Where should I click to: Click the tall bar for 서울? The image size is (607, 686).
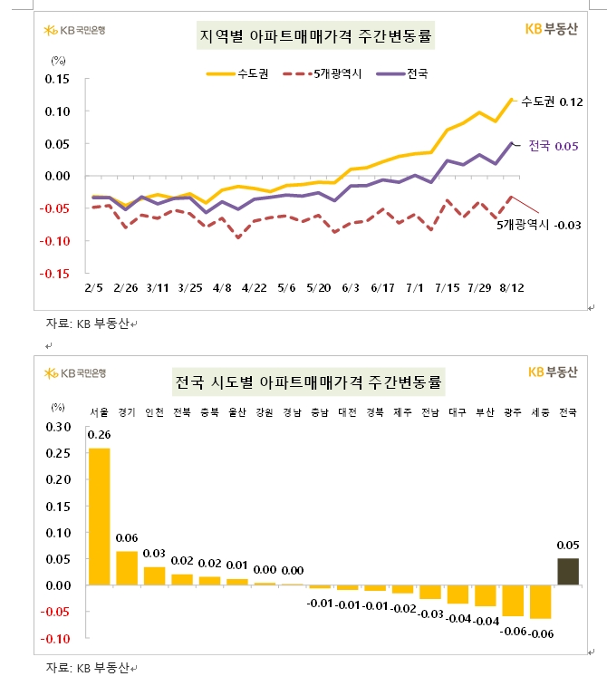pyautogui.click(x=100, y=517)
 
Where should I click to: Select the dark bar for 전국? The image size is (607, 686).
pyautogui.click(x=567, y=572)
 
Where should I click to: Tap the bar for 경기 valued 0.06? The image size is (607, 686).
pyautogui.click(x=128, y=568)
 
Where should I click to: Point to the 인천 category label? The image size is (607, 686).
pyautogui.click(x=155, y=412)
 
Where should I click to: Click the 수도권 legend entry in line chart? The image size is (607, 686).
pyautogui.click(x=236, y=72)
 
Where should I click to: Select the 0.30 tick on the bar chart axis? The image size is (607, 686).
pyautogui.click(x=57, y=426)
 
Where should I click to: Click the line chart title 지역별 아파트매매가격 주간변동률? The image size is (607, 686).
pyautogui.click(x=315, y=37)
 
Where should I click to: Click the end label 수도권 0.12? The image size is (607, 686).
pyautogui.click(x=551, y=101)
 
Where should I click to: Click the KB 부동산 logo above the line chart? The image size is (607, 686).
pyautogui.click(x=554, y=28)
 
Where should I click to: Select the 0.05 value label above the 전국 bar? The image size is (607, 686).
pyautogui.click(x=567, y=545)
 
